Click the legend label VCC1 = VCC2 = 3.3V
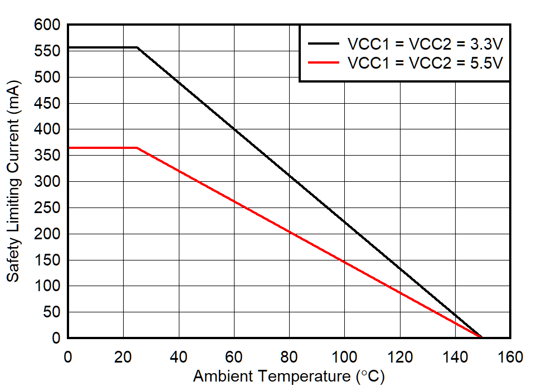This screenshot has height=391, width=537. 425,44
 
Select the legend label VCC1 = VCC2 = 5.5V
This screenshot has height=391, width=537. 425,62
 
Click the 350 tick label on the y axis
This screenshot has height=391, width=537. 48,156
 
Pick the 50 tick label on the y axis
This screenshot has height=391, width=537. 52,312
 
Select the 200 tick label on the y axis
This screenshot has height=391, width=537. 48,234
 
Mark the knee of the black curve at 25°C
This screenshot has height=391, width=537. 137,47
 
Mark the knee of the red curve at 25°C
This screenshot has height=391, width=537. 137,148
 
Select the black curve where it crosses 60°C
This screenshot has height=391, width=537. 234,129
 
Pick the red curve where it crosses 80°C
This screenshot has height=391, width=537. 289,231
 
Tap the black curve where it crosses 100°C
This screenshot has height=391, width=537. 344,221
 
